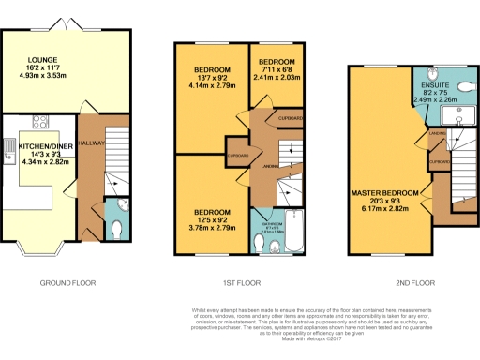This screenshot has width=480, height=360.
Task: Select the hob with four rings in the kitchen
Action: pyautogui.click(x=41, y=120)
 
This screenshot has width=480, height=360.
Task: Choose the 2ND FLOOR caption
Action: pyautogui.click(x=409, y=280)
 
